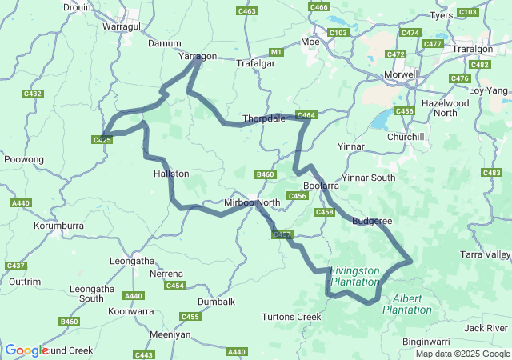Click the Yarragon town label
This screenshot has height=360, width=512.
(x=197, y=57)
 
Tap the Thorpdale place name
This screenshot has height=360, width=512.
(x=263, y=118)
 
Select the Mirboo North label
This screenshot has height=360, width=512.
(x=251, y=202)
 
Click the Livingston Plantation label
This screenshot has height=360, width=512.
(x=354, y=276)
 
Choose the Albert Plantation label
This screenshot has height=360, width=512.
(x=409, y=304)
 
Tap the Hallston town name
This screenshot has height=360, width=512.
(x=171, y=173)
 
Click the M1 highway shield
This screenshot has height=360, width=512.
(x=277, y=52)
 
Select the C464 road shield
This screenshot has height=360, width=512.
(x=307, y=115)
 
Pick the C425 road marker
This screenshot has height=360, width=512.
(x=102, y=140)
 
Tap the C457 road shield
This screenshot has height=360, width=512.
(x=282, y=234)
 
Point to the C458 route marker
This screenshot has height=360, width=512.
(x=324, y=212)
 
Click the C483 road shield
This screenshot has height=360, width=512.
(x=491, y=173)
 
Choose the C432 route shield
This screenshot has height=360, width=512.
(x=32, y=94)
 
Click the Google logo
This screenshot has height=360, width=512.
(x=26, y=350)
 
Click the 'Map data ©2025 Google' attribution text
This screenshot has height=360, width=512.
(x=462, y=354)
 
